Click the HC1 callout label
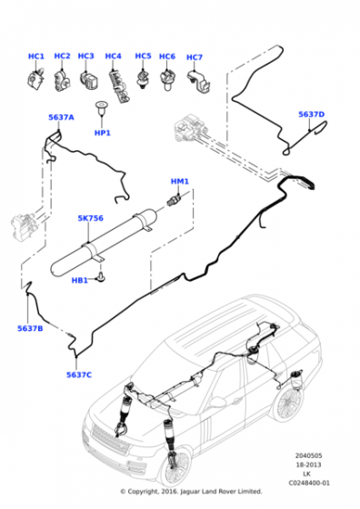point(35,57)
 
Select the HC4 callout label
point(113,57)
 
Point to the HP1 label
point(102,134)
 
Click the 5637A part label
point(61,117)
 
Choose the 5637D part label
point(311,115)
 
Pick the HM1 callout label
point(180,182)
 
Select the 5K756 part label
point(91,218)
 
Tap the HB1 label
point(80,280)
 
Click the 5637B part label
point(30,328)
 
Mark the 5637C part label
point(79,374)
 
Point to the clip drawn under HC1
point(35,80)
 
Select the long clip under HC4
point(116,84)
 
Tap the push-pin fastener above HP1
point(102,114)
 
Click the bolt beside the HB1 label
point(102,274)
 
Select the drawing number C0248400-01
point(312,483)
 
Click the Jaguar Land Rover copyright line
point(190,492)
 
